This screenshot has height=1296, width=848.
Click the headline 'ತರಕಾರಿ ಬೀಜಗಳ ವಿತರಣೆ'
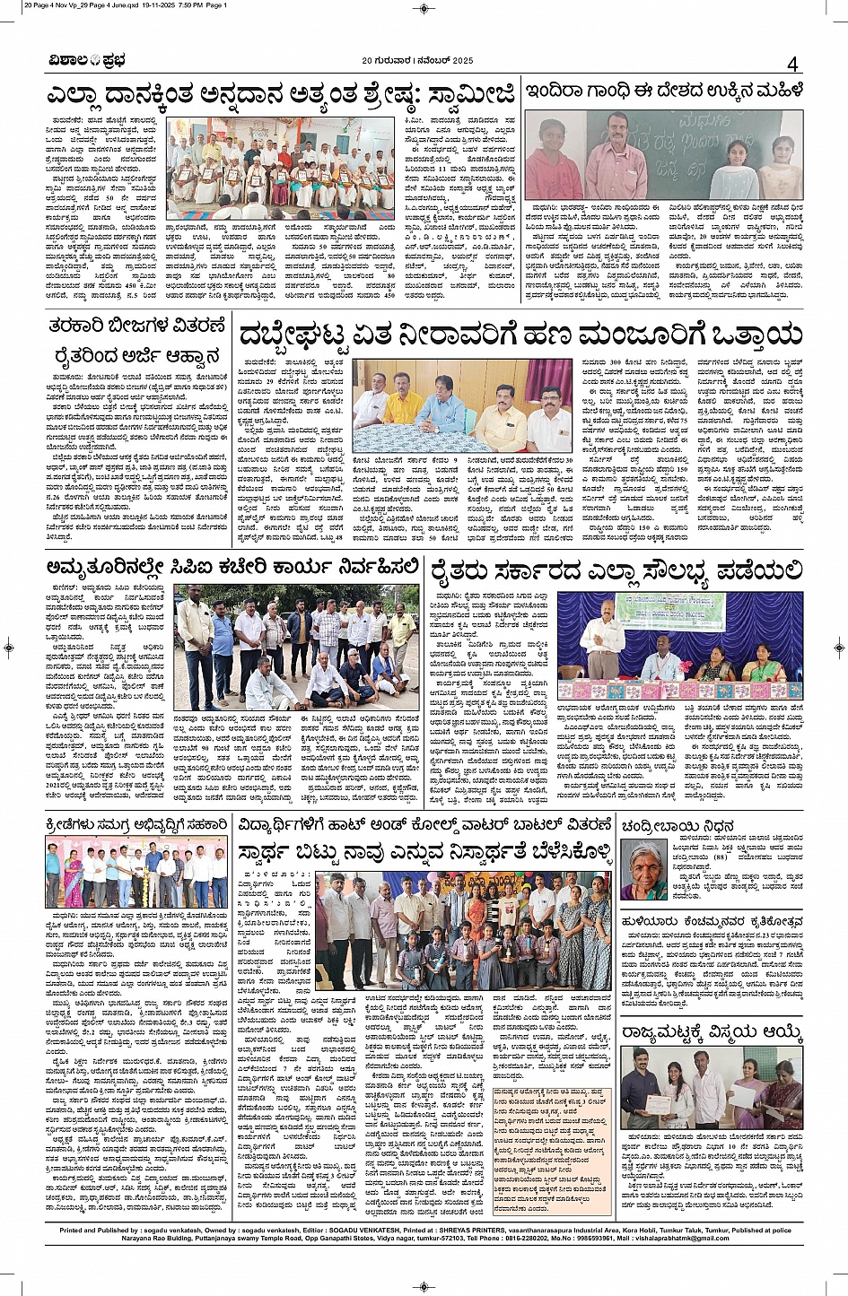tap(136, 325)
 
